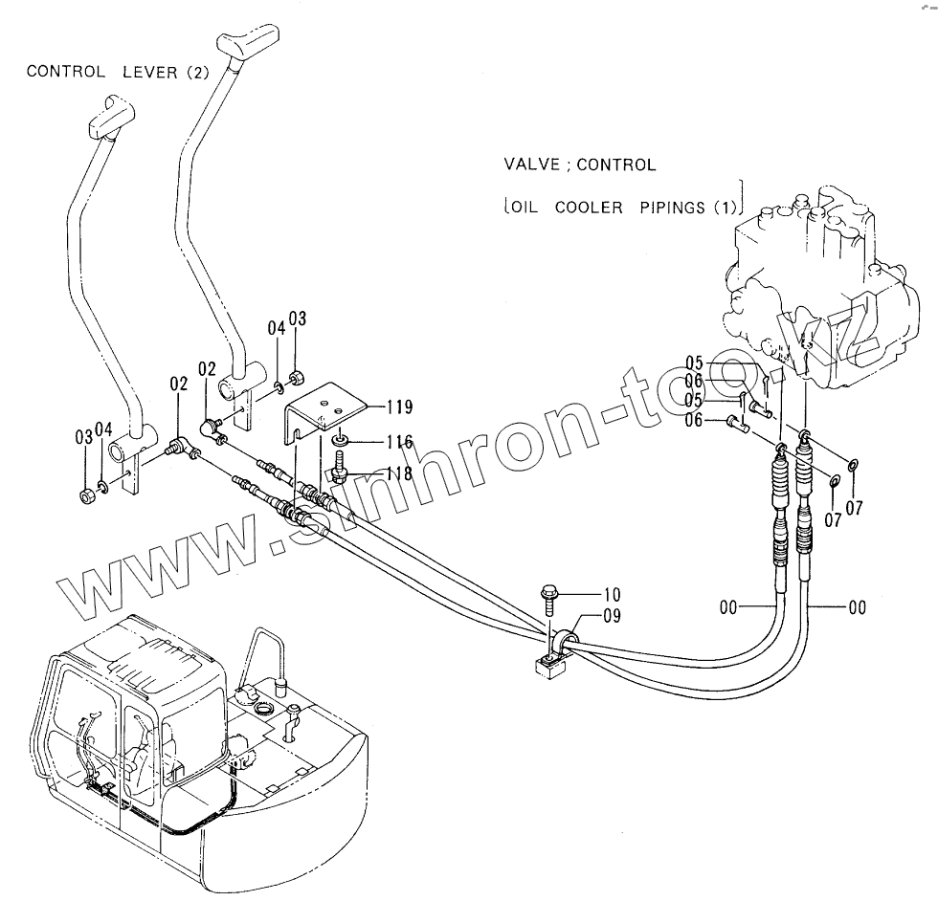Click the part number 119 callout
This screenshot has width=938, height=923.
coord(401,407)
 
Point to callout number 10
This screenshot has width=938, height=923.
coord(609,593)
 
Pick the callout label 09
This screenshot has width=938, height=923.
coord(610,617)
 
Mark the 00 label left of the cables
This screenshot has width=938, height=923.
coord(729,607)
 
